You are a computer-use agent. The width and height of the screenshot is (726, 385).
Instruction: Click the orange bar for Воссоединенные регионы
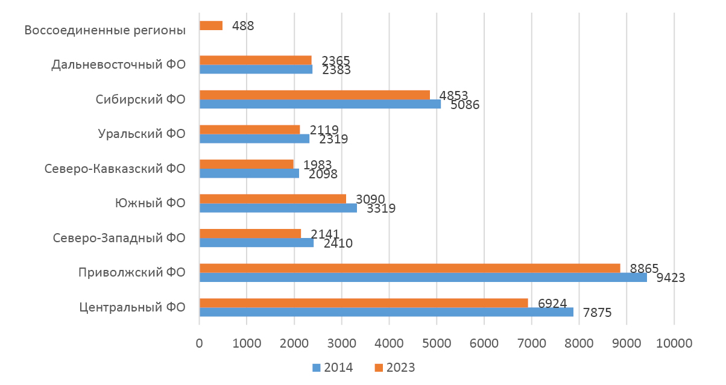pyautogui.click(x=211, y=26)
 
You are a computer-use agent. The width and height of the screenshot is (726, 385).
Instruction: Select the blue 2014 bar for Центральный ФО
pyautogui.click(x=386, y=312)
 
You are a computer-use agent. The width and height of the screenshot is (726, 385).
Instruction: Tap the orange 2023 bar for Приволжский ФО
pyautogui.click(x=409, y=268)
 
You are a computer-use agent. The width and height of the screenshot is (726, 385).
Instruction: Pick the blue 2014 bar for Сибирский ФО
pyautogui.click(x=320, y=104)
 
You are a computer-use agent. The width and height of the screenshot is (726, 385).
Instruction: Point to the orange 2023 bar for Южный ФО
pyautogui.click(x=273, y=199)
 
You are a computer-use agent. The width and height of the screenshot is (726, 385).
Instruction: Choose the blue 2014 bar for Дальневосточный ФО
pyautogui.click(x=256, y=69)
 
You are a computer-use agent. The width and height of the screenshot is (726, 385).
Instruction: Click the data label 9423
pyautogui.click(x=666, y=278)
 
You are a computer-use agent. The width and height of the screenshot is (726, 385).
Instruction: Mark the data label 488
pyautogui.click(x=243, y=26)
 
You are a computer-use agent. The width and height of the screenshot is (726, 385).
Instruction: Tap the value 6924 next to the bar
pyautogui.click(x=548, y=303)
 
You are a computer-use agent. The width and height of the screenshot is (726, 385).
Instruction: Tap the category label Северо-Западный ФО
pyautogui.click(x=119, y=238)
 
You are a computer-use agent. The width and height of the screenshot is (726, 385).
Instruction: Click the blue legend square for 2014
pyautogui.click(x=316, y=368)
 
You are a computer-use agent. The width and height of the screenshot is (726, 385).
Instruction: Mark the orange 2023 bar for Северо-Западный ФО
pyautogui.click(x=250, y=233)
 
